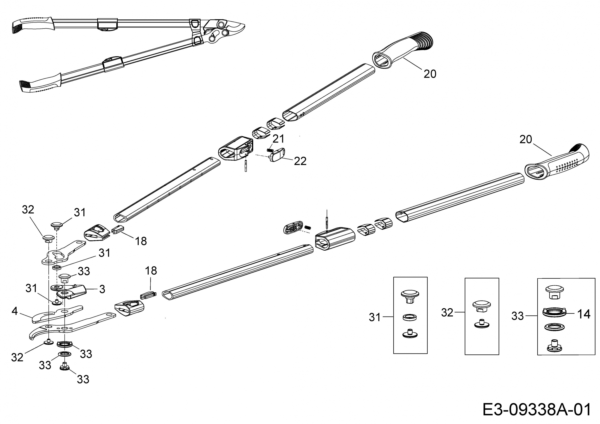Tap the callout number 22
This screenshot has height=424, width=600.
pos(300,161)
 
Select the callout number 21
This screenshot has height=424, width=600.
pos(278,139)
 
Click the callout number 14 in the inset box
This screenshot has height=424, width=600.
pos(583,314)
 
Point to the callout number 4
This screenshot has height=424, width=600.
pos(15,311)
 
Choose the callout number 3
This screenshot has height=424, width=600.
pos(102,289)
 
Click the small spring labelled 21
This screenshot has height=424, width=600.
pos(270,150)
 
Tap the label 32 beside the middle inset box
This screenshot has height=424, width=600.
pos(447,312)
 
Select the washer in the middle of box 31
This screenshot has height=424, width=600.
pos(409,317)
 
